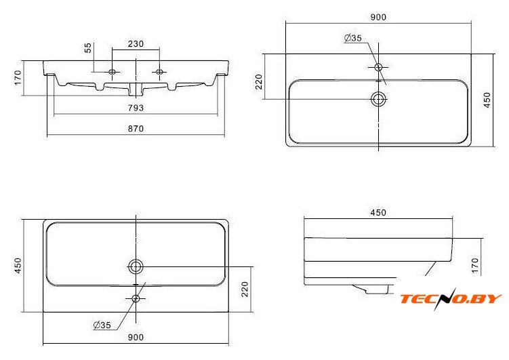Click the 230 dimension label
tap(136, 44)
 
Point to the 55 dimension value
tap(88, 47)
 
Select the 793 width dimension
tap(136, 108)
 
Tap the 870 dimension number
tap(136, 129)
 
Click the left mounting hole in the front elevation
tap(112, 72)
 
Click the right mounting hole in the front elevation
tap(159, 72)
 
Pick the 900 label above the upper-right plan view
tap(378, 17)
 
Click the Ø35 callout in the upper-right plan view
tap(353, 38)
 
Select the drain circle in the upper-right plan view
tap(378, 99)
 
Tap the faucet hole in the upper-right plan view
tap(378, 67)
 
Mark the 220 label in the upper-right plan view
tap(259, 82)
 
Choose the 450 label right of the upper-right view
tap(487, 100)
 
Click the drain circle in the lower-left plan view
tap(136, 267)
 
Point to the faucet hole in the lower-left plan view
tap(136, 298)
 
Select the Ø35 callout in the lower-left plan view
tap(102, 325)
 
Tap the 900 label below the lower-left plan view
tap(136, 338)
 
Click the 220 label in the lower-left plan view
tap(245, 289)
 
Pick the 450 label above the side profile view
tap(378, 213)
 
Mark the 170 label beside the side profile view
tap(475, 265)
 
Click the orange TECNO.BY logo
tap(451, 299)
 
